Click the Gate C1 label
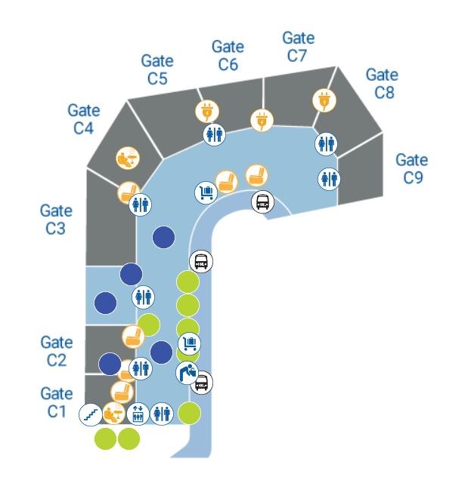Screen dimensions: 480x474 (56, 402)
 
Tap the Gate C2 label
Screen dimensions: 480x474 (56, 351)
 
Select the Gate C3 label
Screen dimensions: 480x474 (55, 219)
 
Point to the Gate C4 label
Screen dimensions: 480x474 (83, 118)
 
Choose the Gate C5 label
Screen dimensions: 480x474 (157, 69)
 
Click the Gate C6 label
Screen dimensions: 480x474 (228, 56)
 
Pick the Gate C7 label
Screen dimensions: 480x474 (298, 46)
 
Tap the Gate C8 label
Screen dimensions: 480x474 (381, 83)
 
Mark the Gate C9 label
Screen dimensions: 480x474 (411, 168)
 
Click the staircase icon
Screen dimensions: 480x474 (91, 414)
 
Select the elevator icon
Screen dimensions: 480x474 (138, 414)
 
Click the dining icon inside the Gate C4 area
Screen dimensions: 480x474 (126, 158)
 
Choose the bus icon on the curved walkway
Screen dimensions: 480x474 (262, 202)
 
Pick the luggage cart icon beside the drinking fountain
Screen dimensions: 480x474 (189, 345)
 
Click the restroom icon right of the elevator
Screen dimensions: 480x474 (162, 414)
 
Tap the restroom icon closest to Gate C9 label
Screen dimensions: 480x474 (328, 178)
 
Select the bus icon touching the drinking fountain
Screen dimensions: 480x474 (201, 383)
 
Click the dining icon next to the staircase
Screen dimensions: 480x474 (113, 414)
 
